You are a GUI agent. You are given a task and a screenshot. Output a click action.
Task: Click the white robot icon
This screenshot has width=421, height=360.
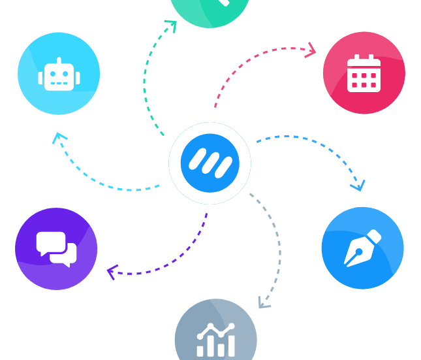59,74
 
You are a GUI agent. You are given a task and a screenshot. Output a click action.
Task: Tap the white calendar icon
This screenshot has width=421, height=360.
364,73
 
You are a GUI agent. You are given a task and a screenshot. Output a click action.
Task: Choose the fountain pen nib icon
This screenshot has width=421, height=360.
362,248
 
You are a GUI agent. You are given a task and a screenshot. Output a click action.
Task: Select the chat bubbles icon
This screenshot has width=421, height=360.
56,249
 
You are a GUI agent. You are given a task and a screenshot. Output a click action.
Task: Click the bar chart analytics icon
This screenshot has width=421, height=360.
215,340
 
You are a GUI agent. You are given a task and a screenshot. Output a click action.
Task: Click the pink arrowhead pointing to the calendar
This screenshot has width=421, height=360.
311,49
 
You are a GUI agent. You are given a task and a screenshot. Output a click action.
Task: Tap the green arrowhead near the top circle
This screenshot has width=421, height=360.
170,27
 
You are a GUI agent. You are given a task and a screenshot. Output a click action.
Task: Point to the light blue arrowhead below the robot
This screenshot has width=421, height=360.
61,138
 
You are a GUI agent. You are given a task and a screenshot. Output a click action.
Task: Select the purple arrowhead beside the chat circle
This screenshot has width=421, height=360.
113,270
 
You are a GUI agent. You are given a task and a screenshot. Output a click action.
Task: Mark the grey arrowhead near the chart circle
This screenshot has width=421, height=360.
263,302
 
